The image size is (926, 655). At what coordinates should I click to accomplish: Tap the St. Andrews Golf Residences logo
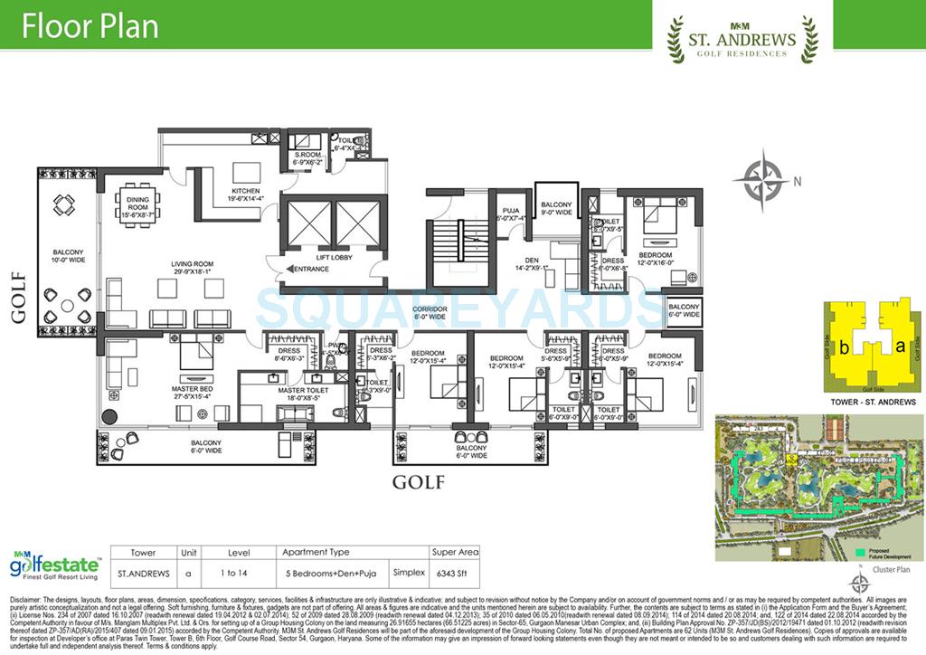click(x=742, y=41)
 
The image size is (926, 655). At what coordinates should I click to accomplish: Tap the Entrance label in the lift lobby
click(x=310, y=269)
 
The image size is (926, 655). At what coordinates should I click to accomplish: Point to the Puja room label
click(x=510, y=213)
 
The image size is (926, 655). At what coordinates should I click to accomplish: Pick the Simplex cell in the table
click(x=409, y=573)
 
